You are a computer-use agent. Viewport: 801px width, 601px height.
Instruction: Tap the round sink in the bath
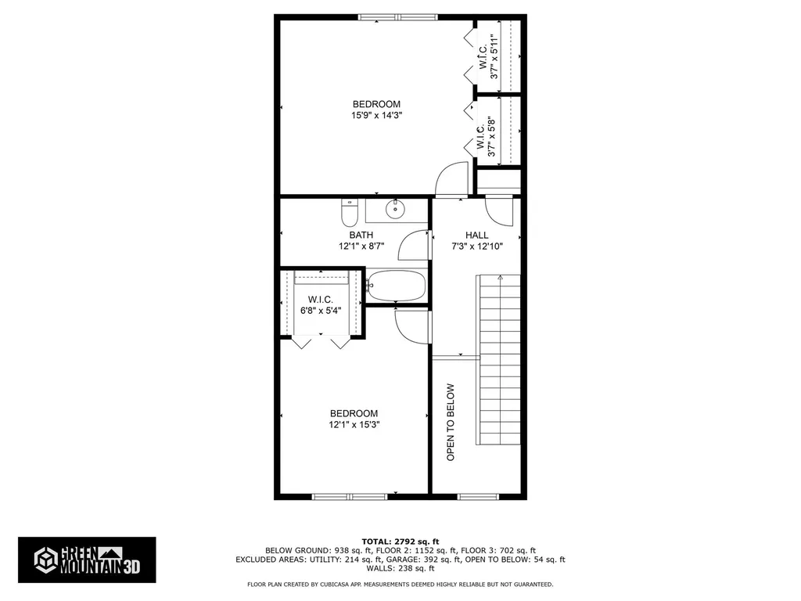[x=396, y=208]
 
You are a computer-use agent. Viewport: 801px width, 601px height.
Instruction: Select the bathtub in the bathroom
[x=396, y=286]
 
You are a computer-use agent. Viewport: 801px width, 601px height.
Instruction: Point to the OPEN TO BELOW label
[x=451, y=421]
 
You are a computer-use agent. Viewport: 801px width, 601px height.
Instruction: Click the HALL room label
[x=476, y=235]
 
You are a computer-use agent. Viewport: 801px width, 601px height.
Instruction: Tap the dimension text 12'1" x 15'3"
[x=354, y=425]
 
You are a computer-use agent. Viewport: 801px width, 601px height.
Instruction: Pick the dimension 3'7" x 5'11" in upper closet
[x=494, y=57]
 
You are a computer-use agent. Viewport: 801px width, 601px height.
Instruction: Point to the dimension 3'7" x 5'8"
[x=492, y=138]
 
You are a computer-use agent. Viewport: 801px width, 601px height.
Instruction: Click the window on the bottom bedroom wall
[x=350, y=496]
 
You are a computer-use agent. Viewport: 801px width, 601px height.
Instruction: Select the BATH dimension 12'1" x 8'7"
[x=361, y=246]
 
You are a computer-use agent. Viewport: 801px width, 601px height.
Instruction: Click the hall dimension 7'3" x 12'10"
[x=476, y=246]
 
